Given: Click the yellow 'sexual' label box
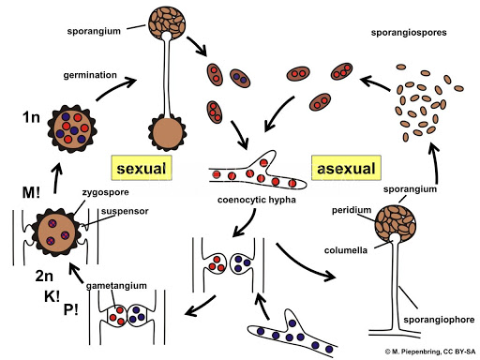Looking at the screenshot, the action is [x=142, y=168].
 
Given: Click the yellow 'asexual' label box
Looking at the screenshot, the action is [x=346, y=168].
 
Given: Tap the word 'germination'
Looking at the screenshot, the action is [x=90, y=75].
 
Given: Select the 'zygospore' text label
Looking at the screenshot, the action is [x=106, y=192].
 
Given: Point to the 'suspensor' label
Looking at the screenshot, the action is [x=125, y=211].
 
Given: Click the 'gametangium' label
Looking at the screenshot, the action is [x=116, y=286].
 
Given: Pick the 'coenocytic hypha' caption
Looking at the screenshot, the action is [x=257, y=200].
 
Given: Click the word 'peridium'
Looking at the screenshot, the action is [x=352, y=210].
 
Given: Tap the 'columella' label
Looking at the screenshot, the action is [x=346, y=250].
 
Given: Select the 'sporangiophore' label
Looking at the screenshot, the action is [x=439, y=320].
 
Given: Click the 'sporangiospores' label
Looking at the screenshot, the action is [x=409, y=33].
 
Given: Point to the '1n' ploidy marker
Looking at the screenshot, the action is [x=31, y=117].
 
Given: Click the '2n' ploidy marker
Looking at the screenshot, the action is [x=44, y=276].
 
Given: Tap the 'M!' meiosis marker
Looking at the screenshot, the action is [x=31, y=192].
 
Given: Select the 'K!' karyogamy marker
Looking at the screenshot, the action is [x=52, y=296].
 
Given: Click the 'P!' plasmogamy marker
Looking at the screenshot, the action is [x=71, y=309].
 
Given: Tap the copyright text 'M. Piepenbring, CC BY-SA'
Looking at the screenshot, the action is [x=430, y=352].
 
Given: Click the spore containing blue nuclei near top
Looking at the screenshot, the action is [x=240, y=78].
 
